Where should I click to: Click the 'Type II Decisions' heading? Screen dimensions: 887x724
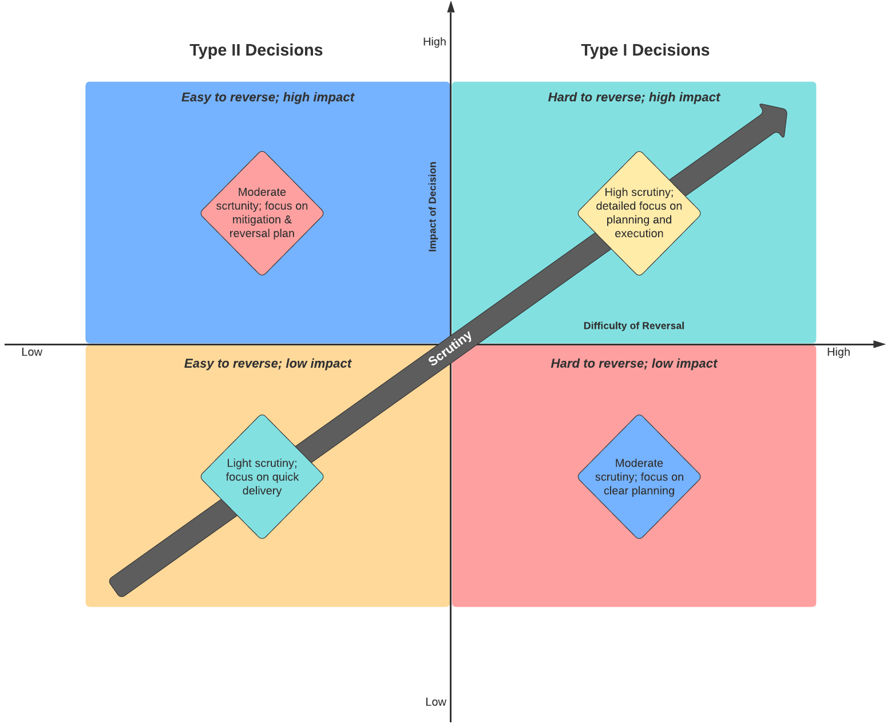256,50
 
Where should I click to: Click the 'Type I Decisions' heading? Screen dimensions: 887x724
645,50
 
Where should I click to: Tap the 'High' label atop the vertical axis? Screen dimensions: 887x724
434,42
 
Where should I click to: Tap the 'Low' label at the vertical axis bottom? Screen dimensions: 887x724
435,702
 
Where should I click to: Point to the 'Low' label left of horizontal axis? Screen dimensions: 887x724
31,352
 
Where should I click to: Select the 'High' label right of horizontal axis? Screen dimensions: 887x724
838,352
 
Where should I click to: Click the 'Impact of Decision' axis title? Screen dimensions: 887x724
433,207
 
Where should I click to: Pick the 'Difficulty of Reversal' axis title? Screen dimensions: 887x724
633,326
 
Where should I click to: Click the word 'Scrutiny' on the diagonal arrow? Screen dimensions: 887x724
450,348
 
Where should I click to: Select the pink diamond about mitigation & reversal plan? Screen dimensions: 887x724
262,213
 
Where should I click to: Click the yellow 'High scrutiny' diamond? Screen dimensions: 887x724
639,213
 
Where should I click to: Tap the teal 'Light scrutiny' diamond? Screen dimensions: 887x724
262,477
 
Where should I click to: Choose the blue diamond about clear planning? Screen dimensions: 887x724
639,477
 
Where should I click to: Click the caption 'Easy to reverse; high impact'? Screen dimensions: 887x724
268,97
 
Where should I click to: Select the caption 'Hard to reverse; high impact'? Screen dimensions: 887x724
633,97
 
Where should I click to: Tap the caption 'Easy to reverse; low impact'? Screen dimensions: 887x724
268,364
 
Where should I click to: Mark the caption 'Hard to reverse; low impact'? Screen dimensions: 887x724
633,364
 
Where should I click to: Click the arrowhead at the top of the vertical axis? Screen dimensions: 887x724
451,6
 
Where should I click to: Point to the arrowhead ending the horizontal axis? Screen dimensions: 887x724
880,344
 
